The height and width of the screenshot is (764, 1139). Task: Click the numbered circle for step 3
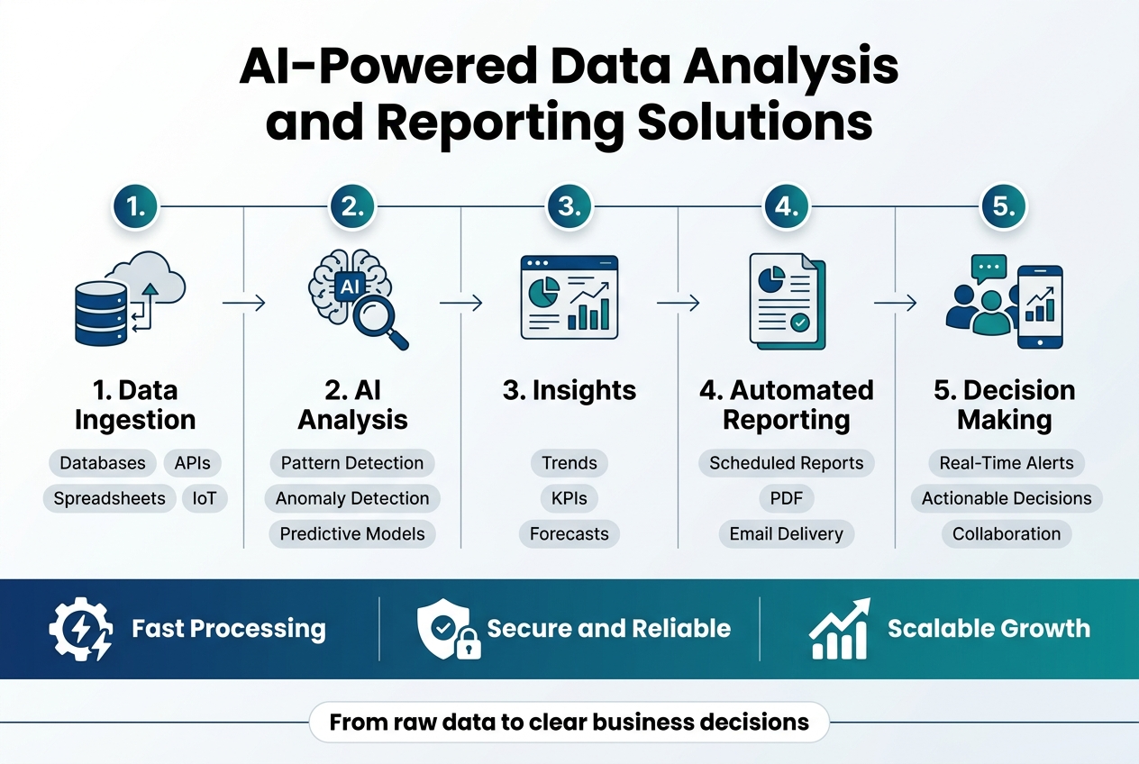coord(569,206)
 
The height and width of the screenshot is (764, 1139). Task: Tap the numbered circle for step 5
coord(1003,206)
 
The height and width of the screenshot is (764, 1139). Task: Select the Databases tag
coord(102,463)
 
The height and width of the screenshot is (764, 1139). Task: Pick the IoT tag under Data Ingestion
coord(205,498)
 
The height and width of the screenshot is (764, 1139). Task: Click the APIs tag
coord(192,463)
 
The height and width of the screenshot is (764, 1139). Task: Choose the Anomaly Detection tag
coord(352,498)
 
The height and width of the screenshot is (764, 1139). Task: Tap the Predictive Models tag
coord(352,533)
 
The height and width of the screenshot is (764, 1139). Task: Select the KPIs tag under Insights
coord(569,498)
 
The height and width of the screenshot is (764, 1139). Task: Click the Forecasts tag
coord(569,533)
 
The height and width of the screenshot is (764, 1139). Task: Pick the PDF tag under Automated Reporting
coord(787,498)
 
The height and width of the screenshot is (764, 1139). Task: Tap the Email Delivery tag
coord(787,533)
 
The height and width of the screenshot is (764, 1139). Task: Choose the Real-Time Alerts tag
coord(1007,463)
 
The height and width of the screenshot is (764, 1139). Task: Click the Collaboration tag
coord(1007,533)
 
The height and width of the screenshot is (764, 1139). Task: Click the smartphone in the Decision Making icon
coord(1039,306)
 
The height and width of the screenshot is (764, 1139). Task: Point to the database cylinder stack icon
coord(99,312)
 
